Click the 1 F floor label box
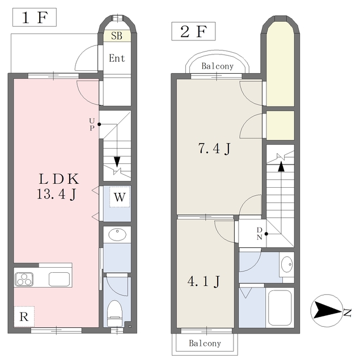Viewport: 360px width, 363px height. (35, 17)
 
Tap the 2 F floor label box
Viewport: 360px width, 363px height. (193, 31)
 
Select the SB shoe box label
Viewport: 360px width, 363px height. (117, 36)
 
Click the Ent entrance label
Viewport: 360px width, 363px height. (117, 58)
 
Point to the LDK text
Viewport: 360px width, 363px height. (59, 179)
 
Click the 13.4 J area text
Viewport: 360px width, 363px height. (57, 194)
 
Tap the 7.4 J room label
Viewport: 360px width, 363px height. (214, 149)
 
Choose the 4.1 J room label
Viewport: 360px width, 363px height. (204, 281)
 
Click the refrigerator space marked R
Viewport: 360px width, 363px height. (24, 316)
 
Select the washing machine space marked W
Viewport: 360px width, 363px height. (120, 197)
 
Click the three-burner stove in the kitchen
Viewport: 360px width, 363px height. (24, 279)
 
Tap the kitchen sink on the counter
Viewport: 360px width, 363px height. (59, 279)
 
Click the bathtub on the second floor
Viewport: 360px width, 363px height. (279, 308)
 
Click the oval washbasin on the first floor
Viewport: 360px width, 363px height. (117, 235)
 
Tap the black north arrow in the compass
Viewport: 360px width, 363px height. (326, 311)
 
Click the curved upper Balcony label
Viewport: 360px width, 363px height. (218, 66)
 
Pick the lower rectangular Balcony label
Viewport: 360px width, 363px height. (205, 343)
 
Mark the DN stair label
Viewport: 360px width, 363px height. (260, 234)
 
